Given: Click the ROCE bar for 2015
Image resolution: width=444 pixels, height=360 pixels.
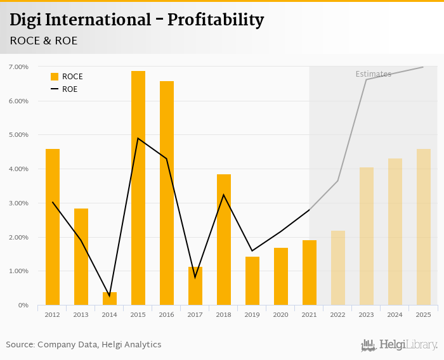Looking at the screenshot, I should (138, 188).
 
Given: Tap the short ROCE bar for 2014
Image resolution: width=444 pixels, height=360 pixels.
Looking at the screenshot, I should (110, 299).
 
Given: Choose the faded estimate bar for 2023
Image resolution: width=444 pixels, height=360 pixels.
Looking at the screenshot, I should (367, 236).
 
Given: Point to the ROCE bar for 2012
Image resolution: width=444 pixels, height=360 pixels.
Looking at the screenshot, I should (53, 227).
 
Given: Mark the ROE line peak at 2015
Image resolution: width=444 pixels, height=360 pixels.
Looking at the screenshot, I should (138, 138).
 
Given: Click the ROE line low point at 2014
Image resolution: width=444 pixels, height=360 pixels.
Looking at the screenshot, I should (110, 296).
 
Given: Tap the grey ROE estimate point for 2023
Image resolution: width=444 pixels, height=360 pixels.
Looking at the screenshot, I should (367, 79).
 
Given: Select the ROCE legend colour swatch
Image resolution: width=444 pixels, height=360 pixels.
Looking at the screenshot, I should (55, 77).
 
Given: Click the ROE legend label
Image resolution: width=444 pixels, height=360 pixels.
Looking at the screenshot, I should (70, 89).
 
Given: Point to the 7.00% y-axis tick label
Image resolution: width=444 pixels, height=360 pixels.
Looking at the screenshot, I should (18, 67).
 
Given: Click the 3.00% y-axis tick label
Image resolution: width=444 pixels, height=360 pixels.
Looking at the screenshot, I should (18, 203).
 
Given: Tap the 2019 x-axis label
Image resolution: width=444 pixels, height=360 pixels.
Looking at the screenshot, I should (252, 314).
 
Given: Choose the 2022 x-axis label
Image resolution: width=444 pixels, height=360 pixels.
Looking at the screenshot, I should (338, 314).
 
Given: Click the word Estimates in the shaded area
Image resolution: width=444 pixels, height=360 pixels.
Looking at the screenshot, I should (373, 74).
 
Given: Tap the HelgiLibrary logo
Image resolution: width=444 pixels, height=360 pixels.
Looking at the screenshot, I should (400, 345).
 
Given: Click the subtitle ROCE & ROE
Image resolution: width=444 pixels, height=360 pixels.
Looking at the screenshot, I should (44, 41).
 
